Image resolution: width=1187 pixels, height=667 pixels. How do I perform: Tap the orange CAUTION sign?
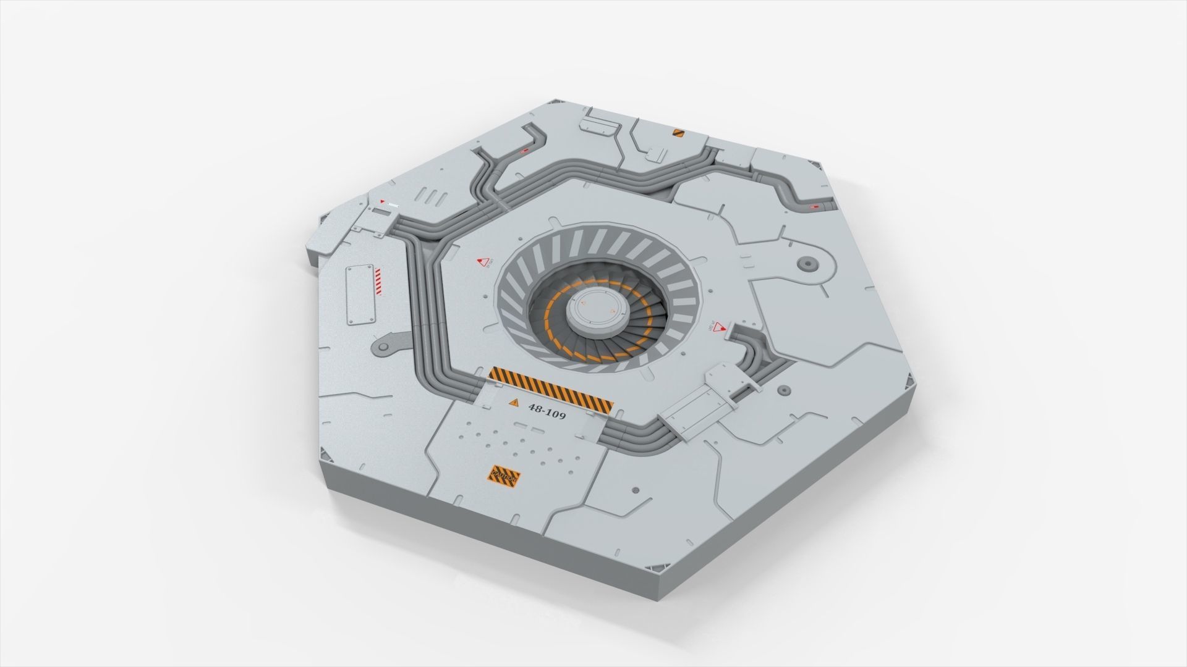[504, 477]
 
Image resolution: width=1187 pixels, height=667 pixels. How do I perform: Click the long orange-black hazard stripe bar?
[551, 389]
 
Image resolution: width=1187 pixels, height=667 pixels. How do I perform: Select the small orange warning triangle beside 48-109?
[513, 403]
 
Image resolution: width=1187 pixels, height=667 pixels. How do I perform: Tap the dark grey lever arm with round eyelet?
[390, 345]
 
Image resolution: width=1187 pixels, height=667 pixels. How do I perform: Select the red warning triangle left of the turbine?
[484, 262]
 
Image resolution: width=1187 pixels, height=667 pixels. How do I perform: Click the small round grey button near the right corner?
[783, 390]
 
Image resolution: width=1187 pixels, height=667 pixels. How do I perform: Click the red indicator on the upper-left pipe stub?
[524, 150]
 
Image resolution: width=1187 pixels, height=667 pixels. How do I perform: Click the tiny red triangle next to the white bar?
[382, 201]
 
